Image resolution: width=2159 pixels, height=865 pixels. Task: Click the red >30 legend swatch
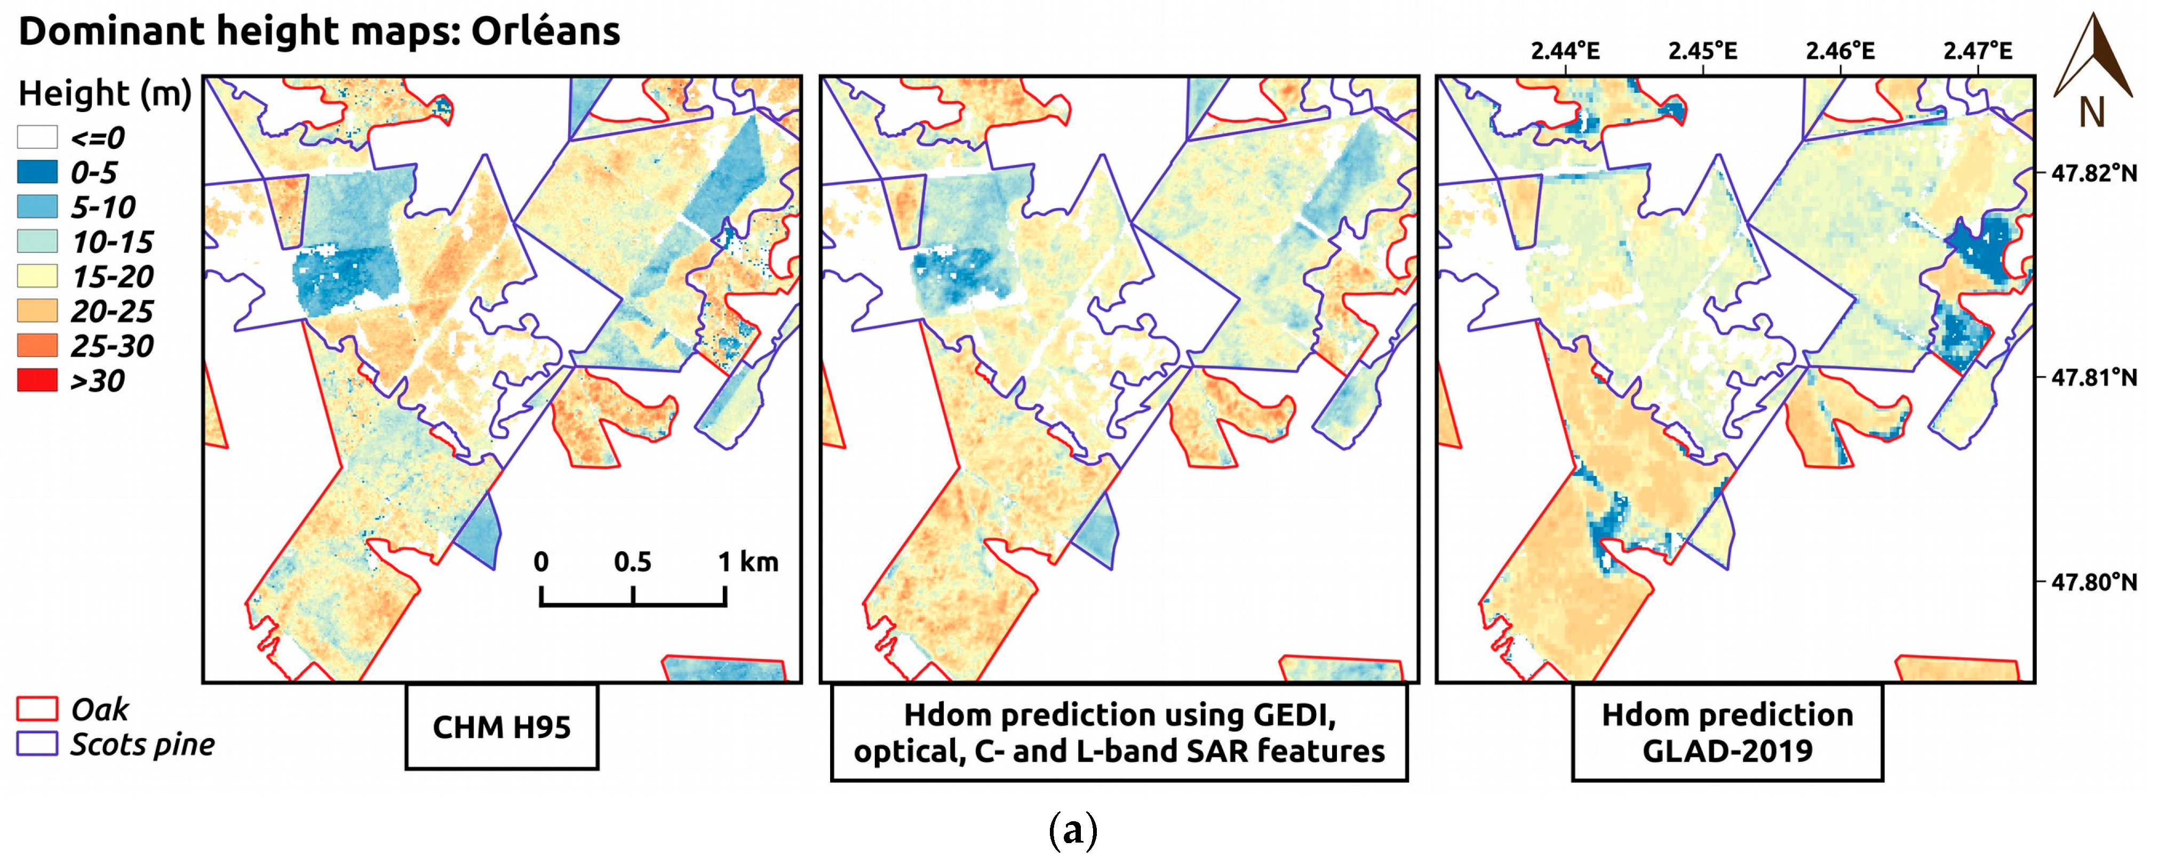pyautogui.click(x=37, y=380)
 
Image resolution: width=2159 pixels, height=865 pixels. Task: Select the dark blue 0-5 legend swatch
pyautogui.click(x=37, y=172)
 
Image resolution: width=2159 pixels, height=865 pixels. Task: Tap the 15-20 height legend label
pyautogui.click(x=113, y=276)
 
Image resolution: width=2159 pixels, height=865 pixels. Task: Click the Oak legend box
pyautogui.click(x=37, y=709)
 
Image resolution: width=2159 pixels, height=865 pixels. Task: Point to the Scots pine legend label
pyautogui.click(x=142, y=744)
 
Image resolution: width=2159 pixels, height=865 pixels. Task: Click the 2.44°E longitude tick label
pyautogui.click(x=1565, y=51)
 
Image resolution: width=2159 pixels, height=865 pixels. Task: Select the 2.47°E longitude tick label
pyautogui.click(x=1977, y=51)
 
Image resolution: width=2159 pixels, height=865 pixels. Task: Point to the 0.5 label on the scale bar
pyautogui.click(x=632, y=561)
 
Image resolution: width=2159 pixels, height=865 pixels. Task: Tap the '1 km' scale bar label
pyautogui.click(x=747, y=561)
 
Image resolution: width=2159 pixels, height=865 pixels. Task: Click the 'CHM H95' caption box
pyautogui.click(x=501, y=727)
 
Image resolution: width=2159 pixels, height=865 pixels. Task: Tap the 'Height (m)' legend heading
pyautogui.click(x=105, y=93)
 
